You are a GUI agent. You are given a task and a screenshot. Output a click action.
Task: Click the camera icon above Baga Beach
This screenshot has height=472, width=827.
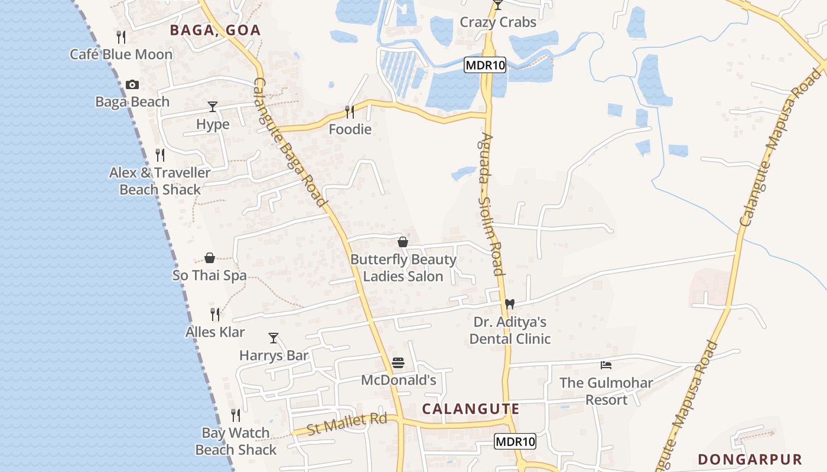click(x=132, y=85)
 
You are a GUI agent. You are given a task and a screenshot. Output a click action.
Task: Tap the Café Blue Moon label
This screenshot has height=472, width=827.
click(x=121, y=54)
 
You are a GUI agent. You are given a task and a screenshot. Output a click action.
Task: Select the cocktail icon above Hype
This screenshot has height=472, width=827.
click(x=213, y=107)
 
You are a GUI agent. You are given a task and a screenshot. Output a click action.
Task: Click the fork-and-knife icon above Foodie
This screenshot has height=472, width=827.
click(x=350, y=112)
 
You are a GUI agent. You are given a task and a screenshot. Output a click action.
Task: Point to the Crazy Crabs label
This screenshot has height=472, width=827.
click(x=498, y=22)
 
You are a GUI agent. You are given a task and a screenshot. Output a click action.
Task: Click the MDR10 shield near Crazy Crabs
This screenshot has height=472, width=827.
click(x=485, y=65)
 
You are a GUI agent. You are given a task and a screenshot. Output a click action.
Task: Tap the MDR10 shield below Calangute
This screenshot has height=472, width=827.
click(x=515, y=441)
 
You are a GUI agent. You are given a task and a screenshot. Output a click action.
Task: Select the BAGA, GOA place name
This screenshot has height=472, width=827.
click(x=215, y=31)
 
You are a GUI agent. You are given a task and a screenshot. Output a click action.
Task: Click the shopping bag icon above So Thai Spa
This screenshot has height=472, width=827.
click(x=210, y=258)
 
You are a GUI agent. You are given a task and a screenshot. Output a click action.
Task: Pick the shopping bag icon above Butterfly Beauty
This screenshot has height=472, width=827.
click(x=403, y=242)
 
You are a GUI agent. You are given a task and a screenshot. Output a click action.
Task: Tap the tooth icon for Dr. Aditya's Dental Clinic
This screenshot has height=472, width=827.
click(x=510, y=304)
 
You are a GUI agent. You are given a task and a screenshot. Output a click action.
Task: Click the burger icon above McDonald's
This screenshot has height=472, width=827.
click(x=398, y=362)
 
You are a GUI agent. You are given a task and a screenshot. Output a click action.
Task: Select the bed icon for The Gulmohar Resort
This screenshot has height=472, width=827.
click(x=605, y=365)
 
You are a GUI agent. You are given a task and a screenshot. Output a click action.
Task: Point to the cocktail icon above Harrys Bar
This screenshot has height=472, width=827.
click(x=274, y=338)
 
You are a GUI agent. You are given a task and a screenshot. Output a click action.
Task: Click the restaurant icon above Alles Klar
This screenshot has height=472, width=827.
click(x=215, y=314)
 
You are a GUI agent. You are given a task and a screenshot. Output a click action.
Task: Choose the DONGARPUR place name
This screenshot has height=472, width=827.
click(x=750, y=460)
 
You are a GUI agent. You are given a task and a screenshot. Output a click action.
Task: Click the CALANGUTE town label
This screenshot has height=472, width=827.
click(x=471, y=409)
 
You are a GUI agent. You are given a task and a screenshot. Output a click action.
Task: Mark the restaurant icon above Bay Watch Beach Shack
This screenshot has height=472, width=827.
click(x=236, y=415)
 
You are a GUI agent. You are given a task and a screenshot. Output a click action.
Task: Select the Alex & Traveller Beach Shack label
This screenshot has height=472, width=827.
click(x=160, y=181)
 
